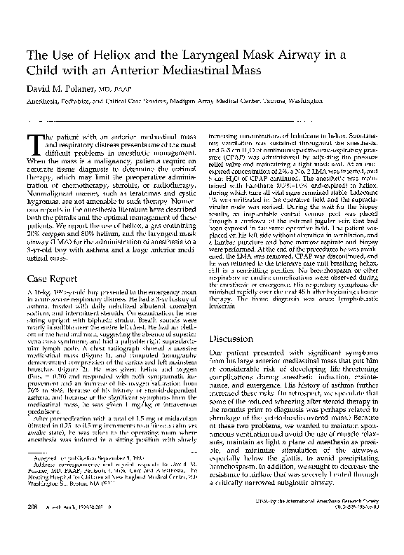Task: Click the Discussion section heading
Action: click(233, 338)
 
